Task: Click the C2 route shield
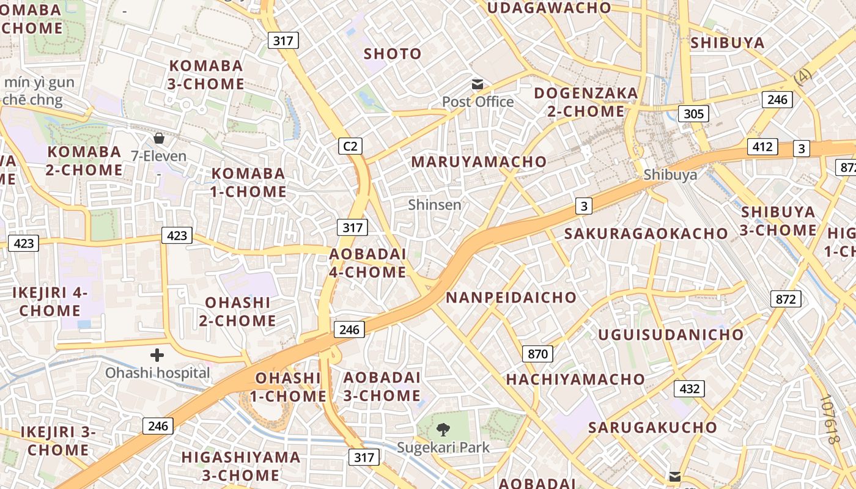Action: (x=350, y=146)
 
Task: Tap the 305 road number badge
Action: (x=693, y=113)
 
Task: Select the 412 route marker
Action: (x=762, y=147)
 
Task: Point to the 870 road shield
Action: (x=537, y=353)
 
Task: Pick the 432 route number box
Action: (x=689, y=388)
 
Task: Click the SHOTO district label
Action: (x=393, y=54)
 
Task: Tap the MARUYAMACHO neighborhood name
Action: (x=479, y=162)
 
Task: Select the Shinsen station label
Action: (x=435, y=205)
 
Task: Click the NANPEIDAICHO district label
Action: (x=511, y=298)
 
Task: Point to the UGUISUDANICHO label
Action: (x=671, y=335)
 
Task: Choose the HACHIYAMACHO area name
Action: (x=575, y=380)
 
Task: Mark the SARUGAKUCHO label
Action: (x=652, y=427)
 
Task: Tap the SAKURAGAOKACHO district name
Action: (x=646, y=233)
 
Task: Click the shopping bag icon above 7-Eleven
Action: (x=159, y=138)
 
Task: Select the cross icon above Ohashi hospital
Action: (x=157, y=355)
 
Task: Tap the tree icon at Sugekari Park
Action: (x=443, y=429)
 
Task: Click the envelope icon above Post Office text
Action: (x=477, y=84)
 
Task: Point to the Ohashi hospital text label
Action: (x=157, y=372)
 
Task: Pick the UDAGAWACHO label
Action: (x=549, y=8)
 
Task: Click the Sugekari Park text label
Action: (x=443, y=447)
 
